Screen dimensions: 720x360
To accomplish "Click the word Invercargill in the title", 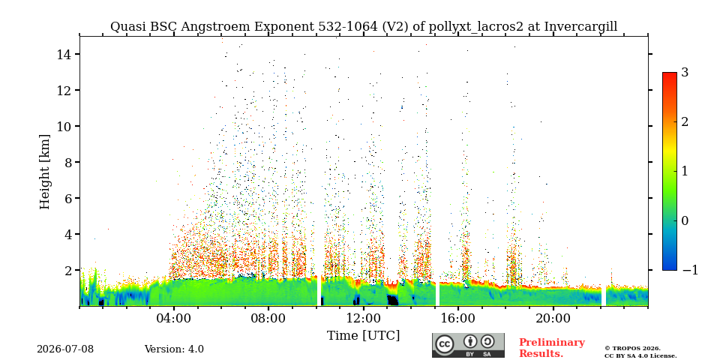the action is (x=580, y=27).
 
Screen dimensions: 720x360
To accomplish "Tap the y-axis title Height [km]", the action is (x=44, y=172).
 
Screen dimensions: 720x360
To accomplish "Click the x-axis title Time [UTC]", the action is (x=363, y=335).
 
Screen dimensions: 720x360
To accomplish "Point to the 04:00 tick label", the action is (x=174, y=318).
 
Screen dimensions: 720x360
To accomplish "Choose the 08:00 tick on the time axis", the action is (x=268, y=318).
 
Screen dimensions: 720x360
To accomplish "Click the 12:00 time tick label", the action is (x=363, y=318).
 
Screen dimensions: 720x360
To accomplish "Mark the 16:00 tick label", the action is (x=457, y=318).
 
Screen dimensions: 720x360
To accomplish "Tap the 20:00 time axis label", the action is (x=553, y=318).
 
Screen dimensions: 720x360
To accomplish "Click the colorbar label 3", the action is (x=685, y=72).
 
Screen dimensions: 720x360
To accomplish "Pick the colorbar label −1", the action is (x=690, y=270).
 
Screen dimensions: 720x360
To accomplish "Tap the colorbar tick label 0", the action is (x=685, y=220).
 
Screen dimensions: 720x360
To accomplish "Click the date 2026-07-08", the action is (x=65, y=349).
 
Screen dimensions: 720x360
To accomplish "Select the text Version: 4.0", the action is (x=174, y=349).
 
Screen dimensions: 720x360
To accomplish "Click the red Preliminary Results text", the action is (x=552, y=347).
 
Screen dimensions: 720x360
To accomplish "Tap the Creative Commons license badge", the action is (x=468, y=345).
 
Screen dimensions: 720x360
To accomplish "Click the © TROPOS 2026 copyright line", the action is (x=632, y=349).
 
